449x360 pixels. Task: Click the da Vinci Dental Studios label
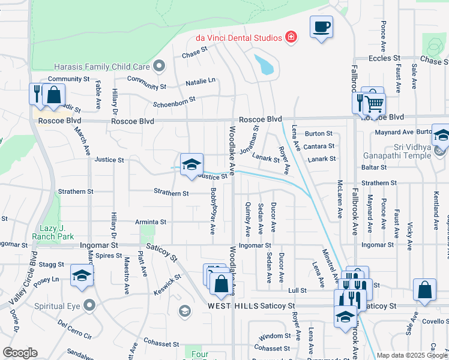point(238,38)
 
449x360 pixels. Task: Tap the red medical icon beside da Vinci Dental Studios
point(291,37)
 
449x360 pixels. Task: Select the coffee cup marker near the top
point(321,27)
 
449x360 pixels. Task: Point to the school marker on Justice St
point(191,164)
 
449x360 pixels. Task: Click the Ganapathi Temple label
point(405,156)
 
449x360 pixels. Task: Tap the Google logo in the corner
point(20,352)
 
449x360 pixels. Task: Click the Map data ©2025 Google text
point(412,355)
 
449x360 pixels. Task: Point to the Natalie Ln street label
point(200,80)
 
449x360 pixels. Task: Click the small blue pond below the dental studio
point(264,65)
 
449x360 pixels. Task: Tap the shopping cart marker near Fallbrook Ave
point(375,104)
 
